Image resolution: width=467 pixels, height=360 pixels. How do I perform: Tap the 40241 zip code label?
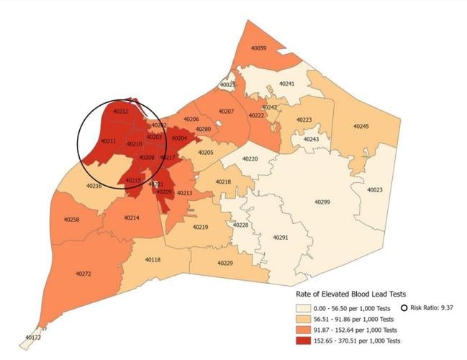286,84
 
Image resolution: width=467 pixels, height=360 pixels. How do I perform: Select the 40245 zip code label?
361,126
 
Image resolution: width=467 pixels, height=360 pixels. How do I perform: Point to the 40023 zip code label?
375,190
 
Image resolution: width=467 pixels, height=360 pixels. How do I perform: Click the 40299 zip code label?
322,202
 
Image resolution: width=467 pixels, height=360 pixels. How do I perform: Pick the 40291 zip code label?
280,237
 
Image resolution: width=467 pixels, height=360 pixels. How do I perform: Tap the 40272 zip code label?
83,274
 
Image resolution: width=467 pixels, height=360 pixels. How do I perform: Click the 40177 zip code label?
33,337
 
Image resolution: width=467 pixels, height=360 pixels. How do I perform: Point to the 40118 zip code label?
153,259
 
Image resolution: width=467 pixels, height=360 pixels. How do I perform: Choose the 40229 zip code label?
225,263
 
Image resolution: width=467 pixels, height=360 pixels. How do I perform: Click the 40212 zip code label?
121,112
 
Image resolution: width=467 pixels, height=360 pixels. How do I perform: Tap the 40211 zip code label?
108,141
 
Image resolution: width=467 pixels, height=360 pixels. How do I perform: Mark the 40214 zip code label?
131,217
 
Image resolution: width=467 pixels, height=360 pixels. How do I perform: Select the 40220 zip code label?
250,158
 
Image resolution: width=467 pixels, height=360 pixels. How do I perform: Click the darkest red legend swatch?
306,340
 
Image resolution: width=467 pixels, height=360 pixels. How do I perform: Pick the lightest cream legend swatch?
306,307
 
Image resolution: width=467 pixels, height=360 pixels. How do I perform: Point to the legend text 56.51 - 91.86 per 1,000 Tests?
358,318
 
